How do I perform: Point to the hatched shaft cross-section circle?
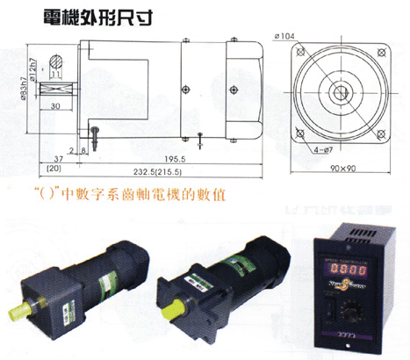point(57,62)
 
